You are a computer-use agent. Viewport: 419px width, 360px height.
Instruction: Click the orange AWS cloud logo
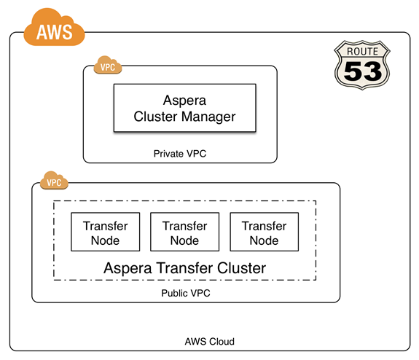[x=54, y=28]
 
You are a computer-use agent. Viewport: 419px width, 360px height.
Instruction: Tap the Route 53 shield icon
[x=362, y=65]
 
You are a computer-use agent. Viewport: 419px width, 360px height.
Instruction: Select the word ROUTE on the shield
[x=362, y=51]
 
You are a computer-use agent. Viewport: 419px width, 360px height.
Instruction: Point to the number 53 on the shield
[x=363, y=71]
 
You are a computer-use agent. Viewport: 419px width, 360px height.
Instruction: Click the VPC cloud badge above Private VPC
[x=108, y=65]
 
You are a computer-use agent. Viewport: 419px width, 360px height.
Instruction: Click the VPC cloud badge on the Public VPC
[x=54, y=181]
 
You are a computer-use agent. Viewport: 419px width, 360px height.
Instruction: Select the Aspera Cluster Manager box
[x=184, y=108]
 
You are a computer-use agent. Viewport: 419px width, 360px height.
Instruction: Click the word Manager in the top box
[x=208, y=117]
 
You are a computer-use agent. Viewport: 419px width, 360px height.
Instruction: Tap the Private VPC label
[x=180, y=154]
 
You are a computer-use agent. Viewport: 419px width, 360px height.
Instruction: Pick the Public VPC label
[x=186, y=293]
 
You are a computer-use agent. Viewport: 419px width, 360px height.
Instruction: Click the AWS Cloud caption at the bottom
[x=210, y=342]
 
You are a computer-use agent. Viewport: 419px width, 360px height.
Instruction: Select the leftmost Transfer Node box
[x=105, y=232]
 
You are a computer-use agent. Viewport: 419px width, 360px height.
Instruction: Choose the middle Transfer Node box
[x=184, y=232]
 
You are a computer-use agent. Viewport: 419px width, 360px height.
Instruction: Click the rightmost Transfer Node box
[x=265, y=232]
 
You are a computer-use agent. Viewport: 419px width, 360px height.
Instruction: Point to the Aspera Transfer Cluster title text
[x=184, y=268]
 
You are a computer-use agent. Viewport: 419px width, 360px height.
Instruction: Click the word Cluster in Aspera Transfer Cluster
[x=242, y=268]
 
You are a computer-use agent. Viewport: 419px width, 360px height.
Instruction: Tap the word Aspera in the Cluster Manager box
[x=184, y=101]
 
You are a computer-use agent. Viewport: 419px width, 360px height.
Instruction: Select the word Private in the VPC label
[x=168, y=154]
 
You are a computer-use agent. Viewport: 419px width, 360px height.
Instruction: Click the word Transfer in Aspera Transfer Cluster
[x=184, y=268]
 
